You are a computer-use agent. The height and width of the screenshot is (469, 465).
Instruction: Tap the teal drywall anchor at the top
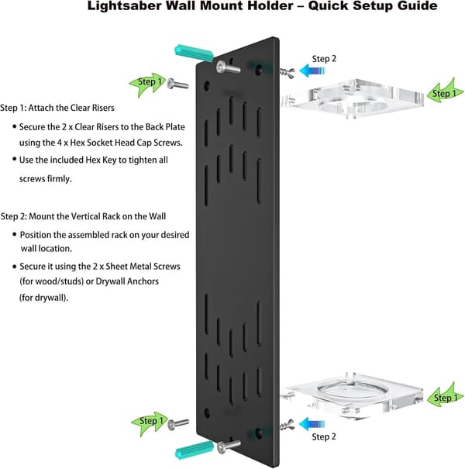pyautogui.click(x=194, y=53)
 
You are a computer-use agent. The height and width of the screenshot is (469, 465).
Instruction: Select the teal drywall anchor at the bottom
pyautogui.click(x=195, y=450)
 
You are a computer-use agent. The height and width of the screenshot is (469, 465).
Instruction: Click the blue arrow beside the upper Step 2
pyautogui.click(x=312, y=71)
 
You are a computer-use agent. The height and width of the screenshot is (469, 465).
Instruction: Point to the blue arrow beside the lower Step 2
pyautogui.click(x=312, y=425)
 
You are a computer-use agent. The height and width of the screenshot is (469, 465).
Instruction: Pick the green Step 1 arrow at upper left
pyautogui.click(x=147, y=84)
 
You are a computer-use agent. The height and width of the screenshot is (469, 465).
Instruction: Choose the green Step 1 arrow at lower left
pyautogui.click(x=150, y=423)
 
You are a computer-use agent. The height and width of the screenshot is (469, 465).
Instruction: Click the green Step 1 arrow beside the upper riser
pyautogui.click(x=445, y=91)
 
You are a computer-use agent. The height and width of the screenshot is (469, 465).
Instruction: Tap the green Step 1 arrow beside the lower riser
pyautogui.click(x=446, y=395)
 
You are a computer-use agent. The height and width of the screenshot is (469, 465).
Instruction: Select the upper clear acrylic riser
pyautogui.click(x=353, y=98)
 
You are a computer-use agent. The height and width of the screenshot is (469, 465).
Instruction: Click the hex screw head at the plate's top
pyautogui.click(x=222, y=67)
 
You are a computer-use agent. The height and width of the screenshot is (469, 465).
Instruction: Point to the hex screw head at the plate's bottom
pyautogui.click(x=222, y=447)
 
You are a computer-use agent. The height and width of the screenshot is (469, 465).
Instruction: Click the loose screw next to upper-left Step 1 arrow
pyautogui.click(x=177, y=84)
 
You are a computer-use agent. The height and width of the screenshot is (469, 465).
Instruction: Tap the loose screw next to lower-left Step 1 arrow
pyautogui.click(x=178, y=424)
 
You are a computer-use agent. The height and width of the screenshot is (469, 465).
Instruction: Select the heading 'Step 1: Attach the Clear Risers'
pyautogui.click(x=57, y=108)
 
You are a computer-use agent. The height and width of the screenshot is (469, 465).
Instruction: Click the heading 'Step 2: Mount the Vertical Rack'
pyautogui.click(x=83, y=216)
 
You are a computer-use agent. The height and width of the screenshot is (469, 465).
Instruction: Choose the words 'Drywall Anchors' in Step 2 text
pyautogui.click(x=127, y=281)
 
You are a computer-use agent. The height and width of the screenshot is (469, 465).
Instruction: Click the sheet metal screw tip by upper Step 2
pyautogui.click(x=281, y=71)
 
